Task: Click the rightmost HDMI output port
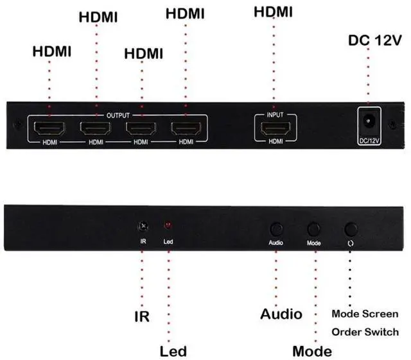click(x=186, y=128)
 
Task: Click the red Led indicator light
click(x=168, y=227)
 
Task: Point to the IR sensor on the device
click(x=143, y=227)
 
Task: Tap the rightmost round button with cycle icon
click(x=351, y=229)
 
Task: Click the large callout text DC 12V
click(x=375, y=41)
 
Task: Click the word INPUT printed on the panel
click(x=275, y=116)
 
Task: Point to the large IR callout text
click(x=142, y=316)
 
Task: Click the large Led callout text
click(x=173, y=351)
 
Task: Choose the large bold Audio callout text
click(x=281, y=314)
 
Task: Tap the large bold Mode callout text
click(x=312, y=351)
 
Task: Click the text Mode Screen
click(x=365, y=314)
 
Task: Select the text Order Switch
click(x=365, y=332)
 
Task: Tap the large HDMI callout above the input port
click(x=274, y=12)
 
